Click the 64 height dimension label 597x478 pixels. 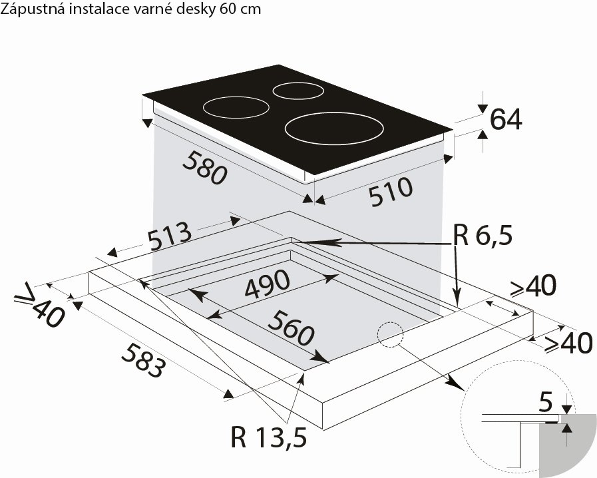(506, 119)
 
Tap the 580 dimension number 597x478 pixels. (205, 168)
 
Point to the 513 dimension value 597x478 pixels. (170, 236)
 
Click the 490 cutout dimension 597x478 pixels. (268, 284)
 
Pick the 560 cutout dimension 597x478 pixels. (292, 328)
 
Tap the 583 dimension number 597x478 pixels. (144, 360)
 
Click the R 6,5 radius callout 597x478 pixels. (483, 236)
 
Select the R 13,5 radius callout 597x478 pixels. (268, 437)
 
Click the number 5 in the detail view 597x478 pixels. (546, 402)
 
